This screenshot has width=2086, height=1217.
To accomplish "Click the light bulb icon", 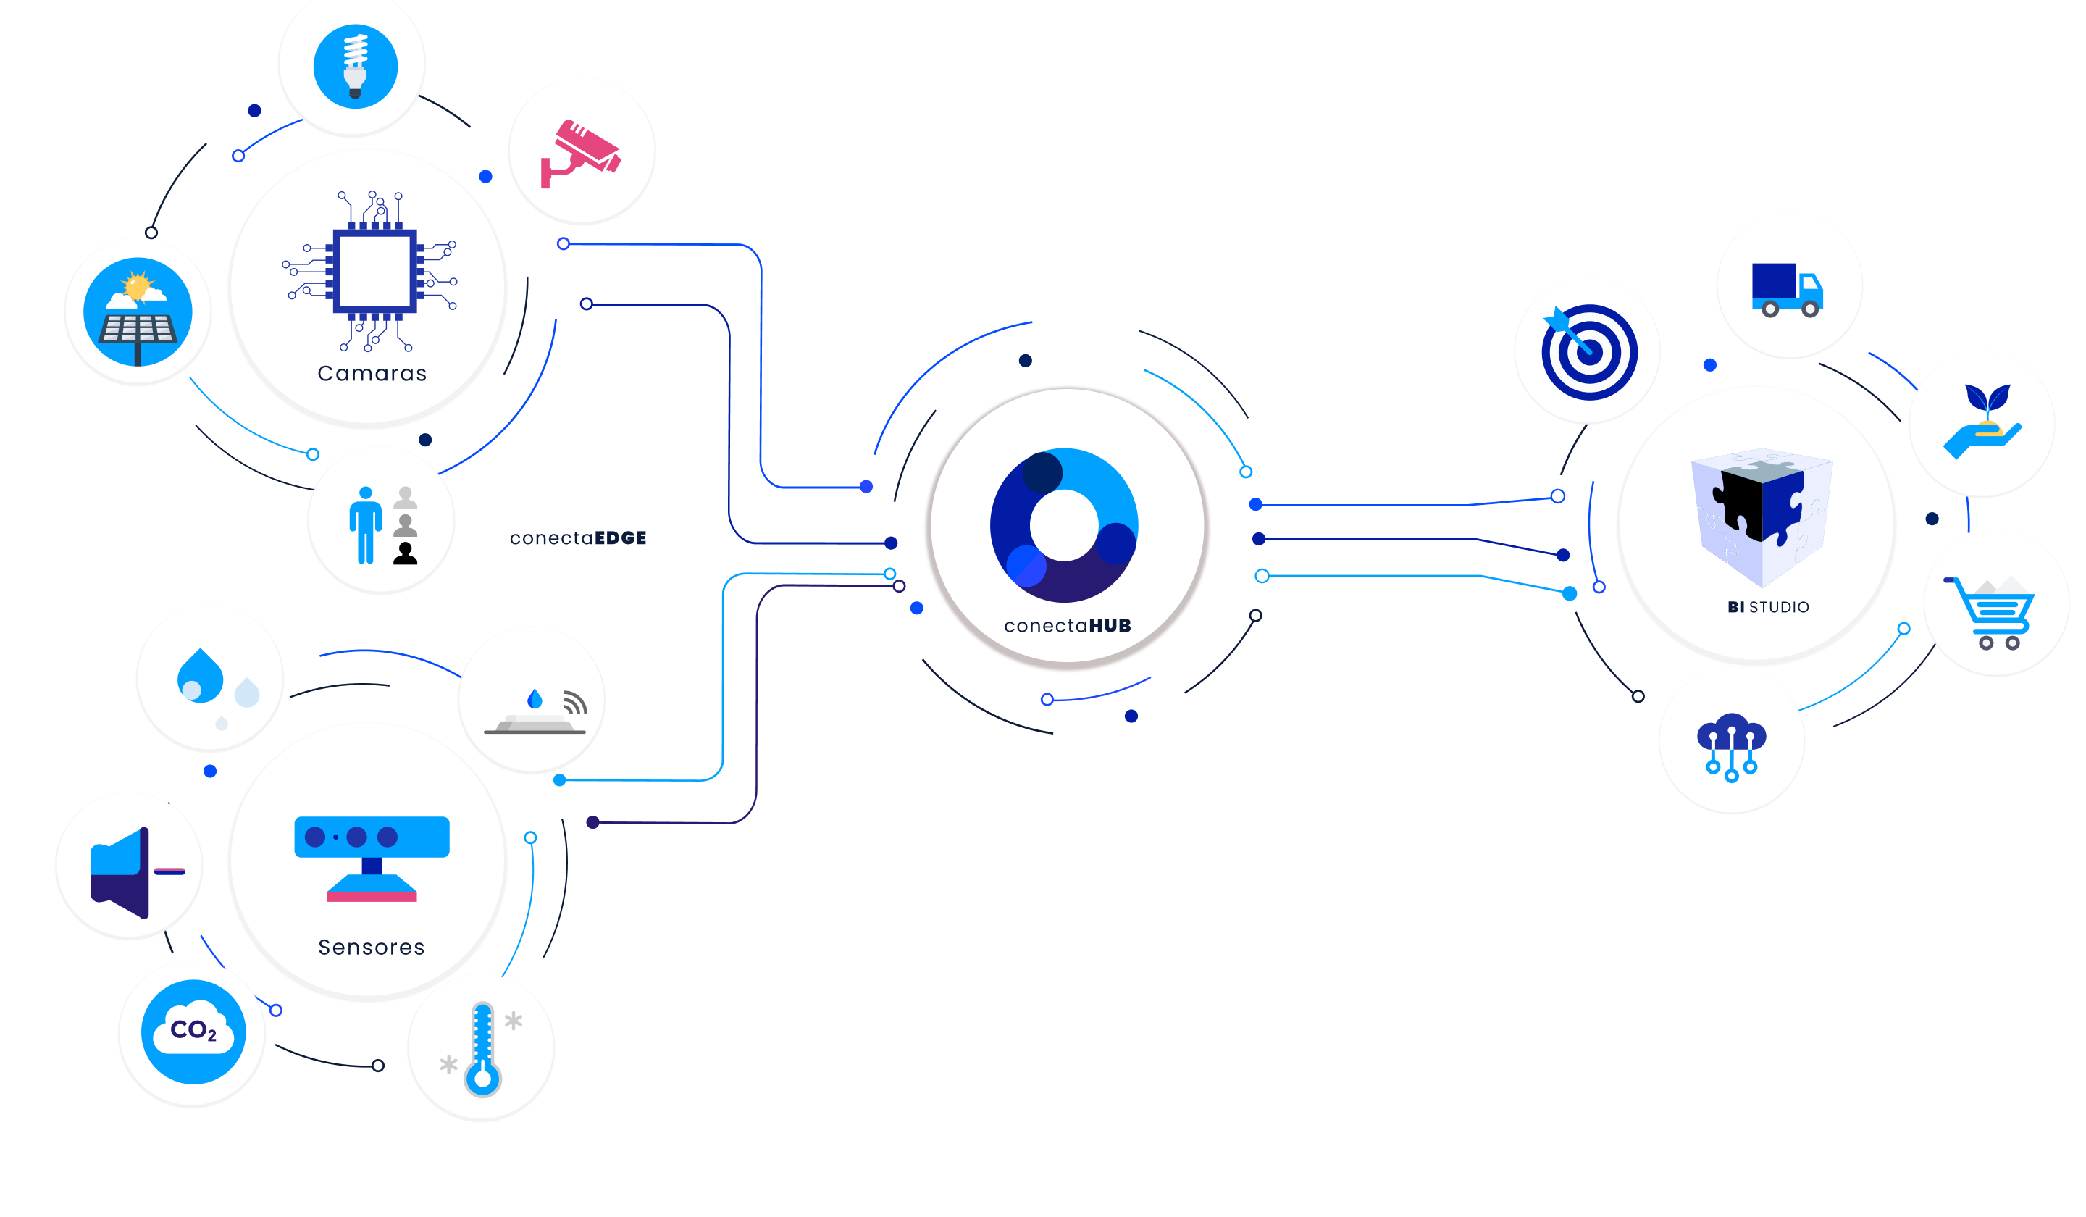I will pyautogui.click(x=355, y=66).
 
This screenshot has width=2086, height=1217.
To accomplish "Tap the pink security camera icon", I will pyautogui.click(x=580, y=153).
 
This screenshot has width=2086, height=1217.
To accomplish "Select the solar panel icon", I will pyautogui.click(x=138, y=313).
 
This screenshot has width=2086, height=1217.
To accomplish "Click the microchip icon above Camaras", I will pyautogui.click(x=372, y=272).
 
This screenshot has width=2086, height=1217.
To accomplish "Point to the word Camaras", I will pyautogui.click(x=372, y=373).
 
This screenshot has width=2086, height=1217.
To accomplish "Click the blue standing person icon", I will pyautogui.click(x=365, y=526).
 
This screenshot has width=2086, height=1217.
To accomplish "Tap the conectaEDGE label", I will pyautogui.click(x=578, y=538).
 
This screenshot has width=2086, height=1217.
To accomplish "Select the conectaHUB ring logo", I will pyautogui.click(x=1065, y=526).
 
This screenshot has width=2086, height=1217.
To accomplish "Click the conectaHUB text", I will pyautogui.click(x=1067, y=626).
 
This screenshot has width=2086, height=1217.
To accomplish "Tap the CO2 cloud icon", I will pyautogui.click(x=193, y=1032).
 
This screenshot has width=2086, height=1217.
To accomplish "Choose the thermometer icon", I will pyautogui.click(x=482, y=1049).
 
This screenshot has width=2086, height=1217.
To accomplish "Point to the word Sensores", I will pyautogui.click(x=372, y=947).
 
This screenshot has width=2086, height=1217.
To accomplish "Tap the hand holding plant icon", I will pyautogui.click(x=1982, y=422).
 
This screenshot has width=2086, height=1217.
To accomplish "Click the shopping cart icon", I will pyautogui.click(x=1992, y=613).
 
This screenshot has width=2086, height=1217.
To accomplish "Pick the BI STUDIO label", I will pyautogui.click(x=1768, y=607).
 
